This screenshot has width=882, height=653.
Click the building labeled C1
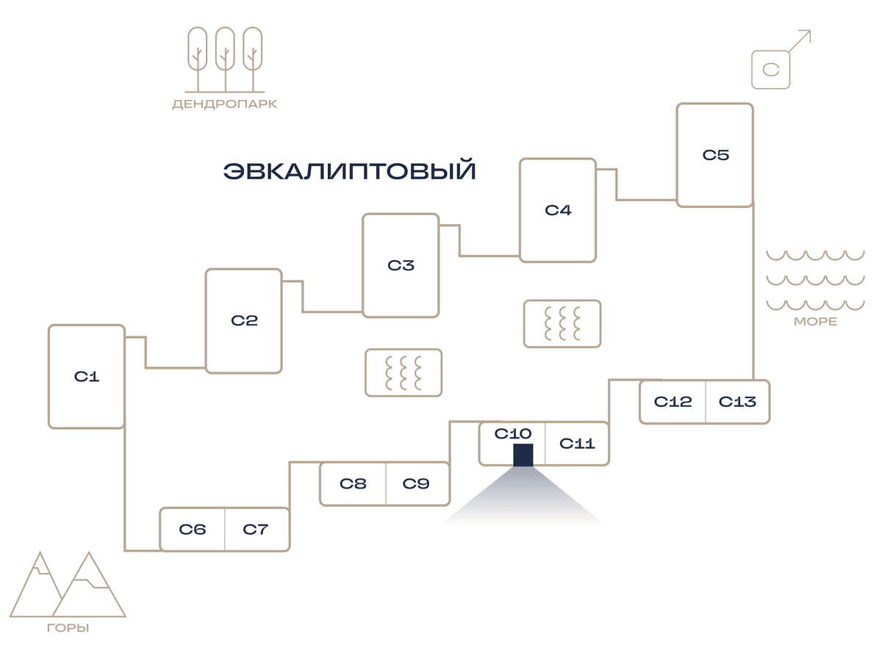click(87, 376)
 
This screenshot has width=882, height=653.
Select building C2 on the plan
click(244, 320)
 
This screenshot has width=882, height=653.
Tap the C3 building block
click(401, 265)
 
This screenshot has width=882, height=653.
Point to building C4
click(558, 210)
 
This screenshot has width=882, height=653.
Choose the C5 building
click(715, 154)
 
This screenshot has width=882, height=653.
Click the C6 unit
click(192, 529)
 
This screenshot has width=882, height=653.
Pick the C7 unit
click(257, 529)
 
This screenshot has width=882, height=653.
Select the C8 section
click(353, 483)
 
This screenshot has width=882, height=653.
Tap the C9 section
click(417, 483)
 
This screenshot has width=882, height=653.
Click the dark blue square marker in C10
click(523, 455)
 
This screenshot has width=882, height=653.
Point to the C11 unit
click(577, 443)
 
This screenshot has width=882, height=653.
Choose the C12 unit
click(673, 401)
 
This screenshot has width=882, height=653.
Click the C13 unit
click(738, 401)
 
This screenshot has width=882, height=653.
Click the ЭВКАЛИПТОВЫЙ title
click(349, 170)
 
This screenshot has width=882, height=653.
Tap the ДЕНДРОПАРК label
click(225, 104)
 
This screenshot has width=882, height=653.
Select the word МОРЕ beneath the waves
click(815, 321)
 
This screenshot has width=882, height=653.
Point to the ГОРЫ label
click(68, 627)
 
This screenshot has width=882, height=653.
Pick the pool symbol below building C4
click(562, 323)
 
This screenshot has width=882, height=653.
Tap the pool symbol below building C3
click(404, 372)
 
